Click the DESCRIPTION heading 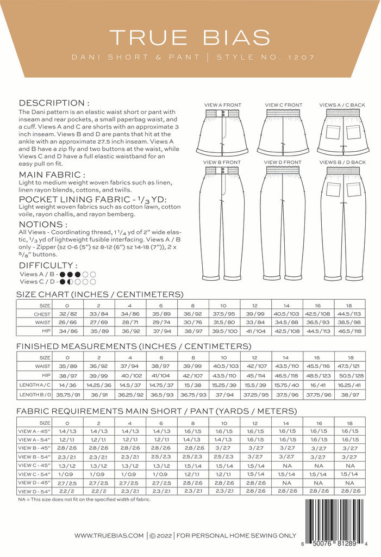[x=54, y=103]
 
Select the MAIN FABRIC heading [x=52, y=175]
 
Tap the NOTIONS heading [x=43, y=224]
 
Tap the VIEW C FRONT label [x=283, y=105]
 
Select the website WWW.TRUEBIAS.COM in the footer [x=109, y=536]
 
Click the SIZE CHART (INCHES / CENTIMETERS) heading [x=99, y=295]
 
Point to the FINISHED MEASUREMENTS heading [x=133, y=346]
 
